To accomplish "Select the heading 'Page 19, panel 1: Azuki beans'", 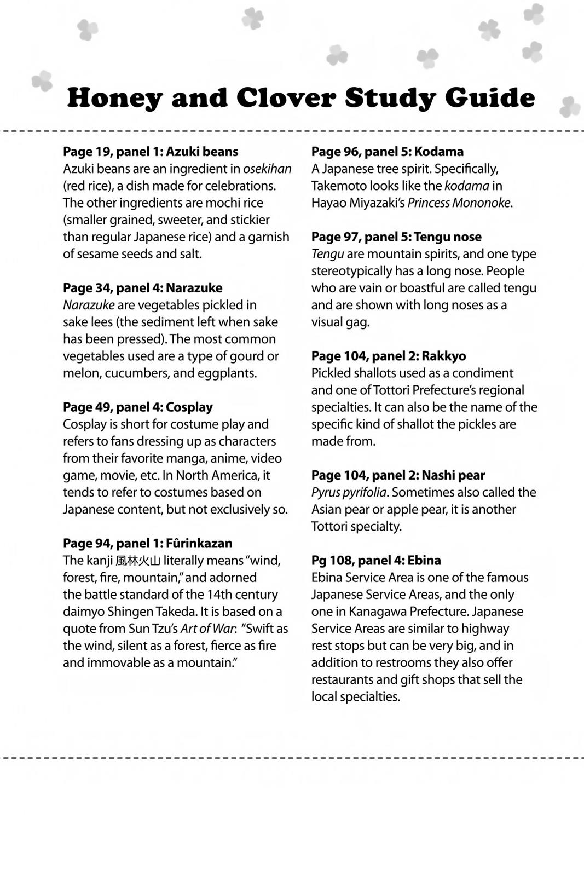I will (x=151, y=152).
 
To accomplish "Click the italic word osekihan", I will (x=267, y=169).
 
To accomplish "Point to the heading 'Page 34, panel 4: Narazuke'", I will (x=142, y=288).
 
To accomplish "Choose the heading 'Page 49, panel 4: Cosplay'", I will (x=137, y=407).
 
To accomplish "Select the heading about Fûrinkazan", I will (x=147, y=544).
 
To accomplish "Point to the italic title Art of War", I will (x=207, y=629).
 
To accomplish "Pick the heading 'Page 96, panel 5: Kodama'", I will (x=387, y=152).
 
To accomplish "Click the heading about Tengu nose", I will (x=396, y=237).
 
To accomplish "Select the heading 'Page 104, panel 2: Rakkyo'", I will (x=389, y=356).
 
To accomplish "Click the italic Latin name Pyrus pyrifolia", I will (x=349, y=493).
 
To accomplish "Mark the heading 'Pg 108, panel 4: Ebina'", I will (x=376, y=561).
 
